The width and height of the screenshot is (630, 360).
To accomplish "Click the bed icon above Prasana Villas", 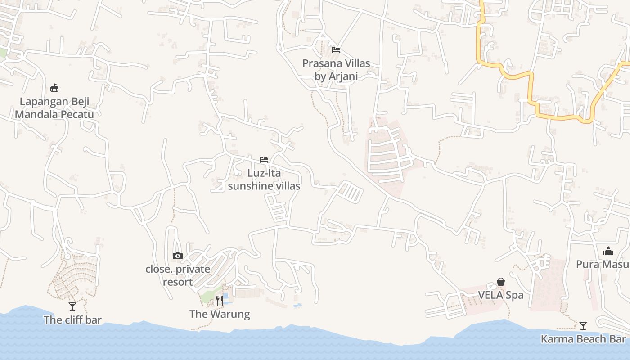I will [336, 49].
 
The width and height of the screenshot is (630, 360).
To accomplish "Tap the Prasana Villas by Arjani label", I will [336, 70].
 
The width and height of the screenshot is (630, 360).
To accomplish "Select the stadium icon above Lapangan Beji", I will [54, 88].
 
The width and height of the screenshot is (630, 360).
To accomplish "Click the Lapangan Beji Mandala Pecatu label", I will [54, 108].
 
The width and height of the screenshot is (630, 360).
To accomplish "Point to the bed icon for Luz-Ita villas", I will [264, 159].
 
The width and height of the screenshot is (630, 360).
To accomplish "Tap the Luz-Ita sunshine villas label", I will [264, 179].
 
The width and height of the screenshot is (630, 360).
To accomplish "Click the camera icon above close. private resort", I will [178, 256].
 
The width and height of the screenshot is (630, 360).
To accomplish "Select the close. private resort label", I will [178, 275].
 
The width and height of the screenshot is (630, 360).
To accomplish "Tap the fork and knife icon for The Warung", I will [220, 300].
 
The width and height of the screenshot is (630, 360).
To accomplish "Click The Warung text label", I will [220, 314].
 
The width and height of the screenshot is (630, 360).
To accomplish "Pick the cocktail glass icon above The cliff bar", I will [72, 306].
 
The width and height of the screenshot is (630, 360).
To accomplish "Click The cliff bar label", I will [72, 320].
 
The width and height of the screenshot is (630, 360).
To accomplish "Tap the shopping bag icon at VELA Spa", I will [501, 282].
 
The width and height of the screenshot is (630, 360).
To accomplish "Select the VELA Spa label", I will [501, 295].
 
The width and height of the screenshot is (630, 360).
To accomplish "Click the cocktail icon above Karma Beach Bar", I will [583, 325].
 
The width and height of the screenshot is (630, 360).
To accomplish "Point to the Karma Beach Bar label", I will [583, 339].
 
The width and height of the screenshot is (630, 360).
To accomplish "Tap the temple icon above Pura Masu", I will [608, 251].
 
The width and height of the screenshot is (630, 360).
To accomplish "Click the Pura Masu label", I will [603, 264].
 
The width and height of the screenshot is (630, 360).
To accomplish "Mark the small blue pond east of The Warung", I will [297, 306].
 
